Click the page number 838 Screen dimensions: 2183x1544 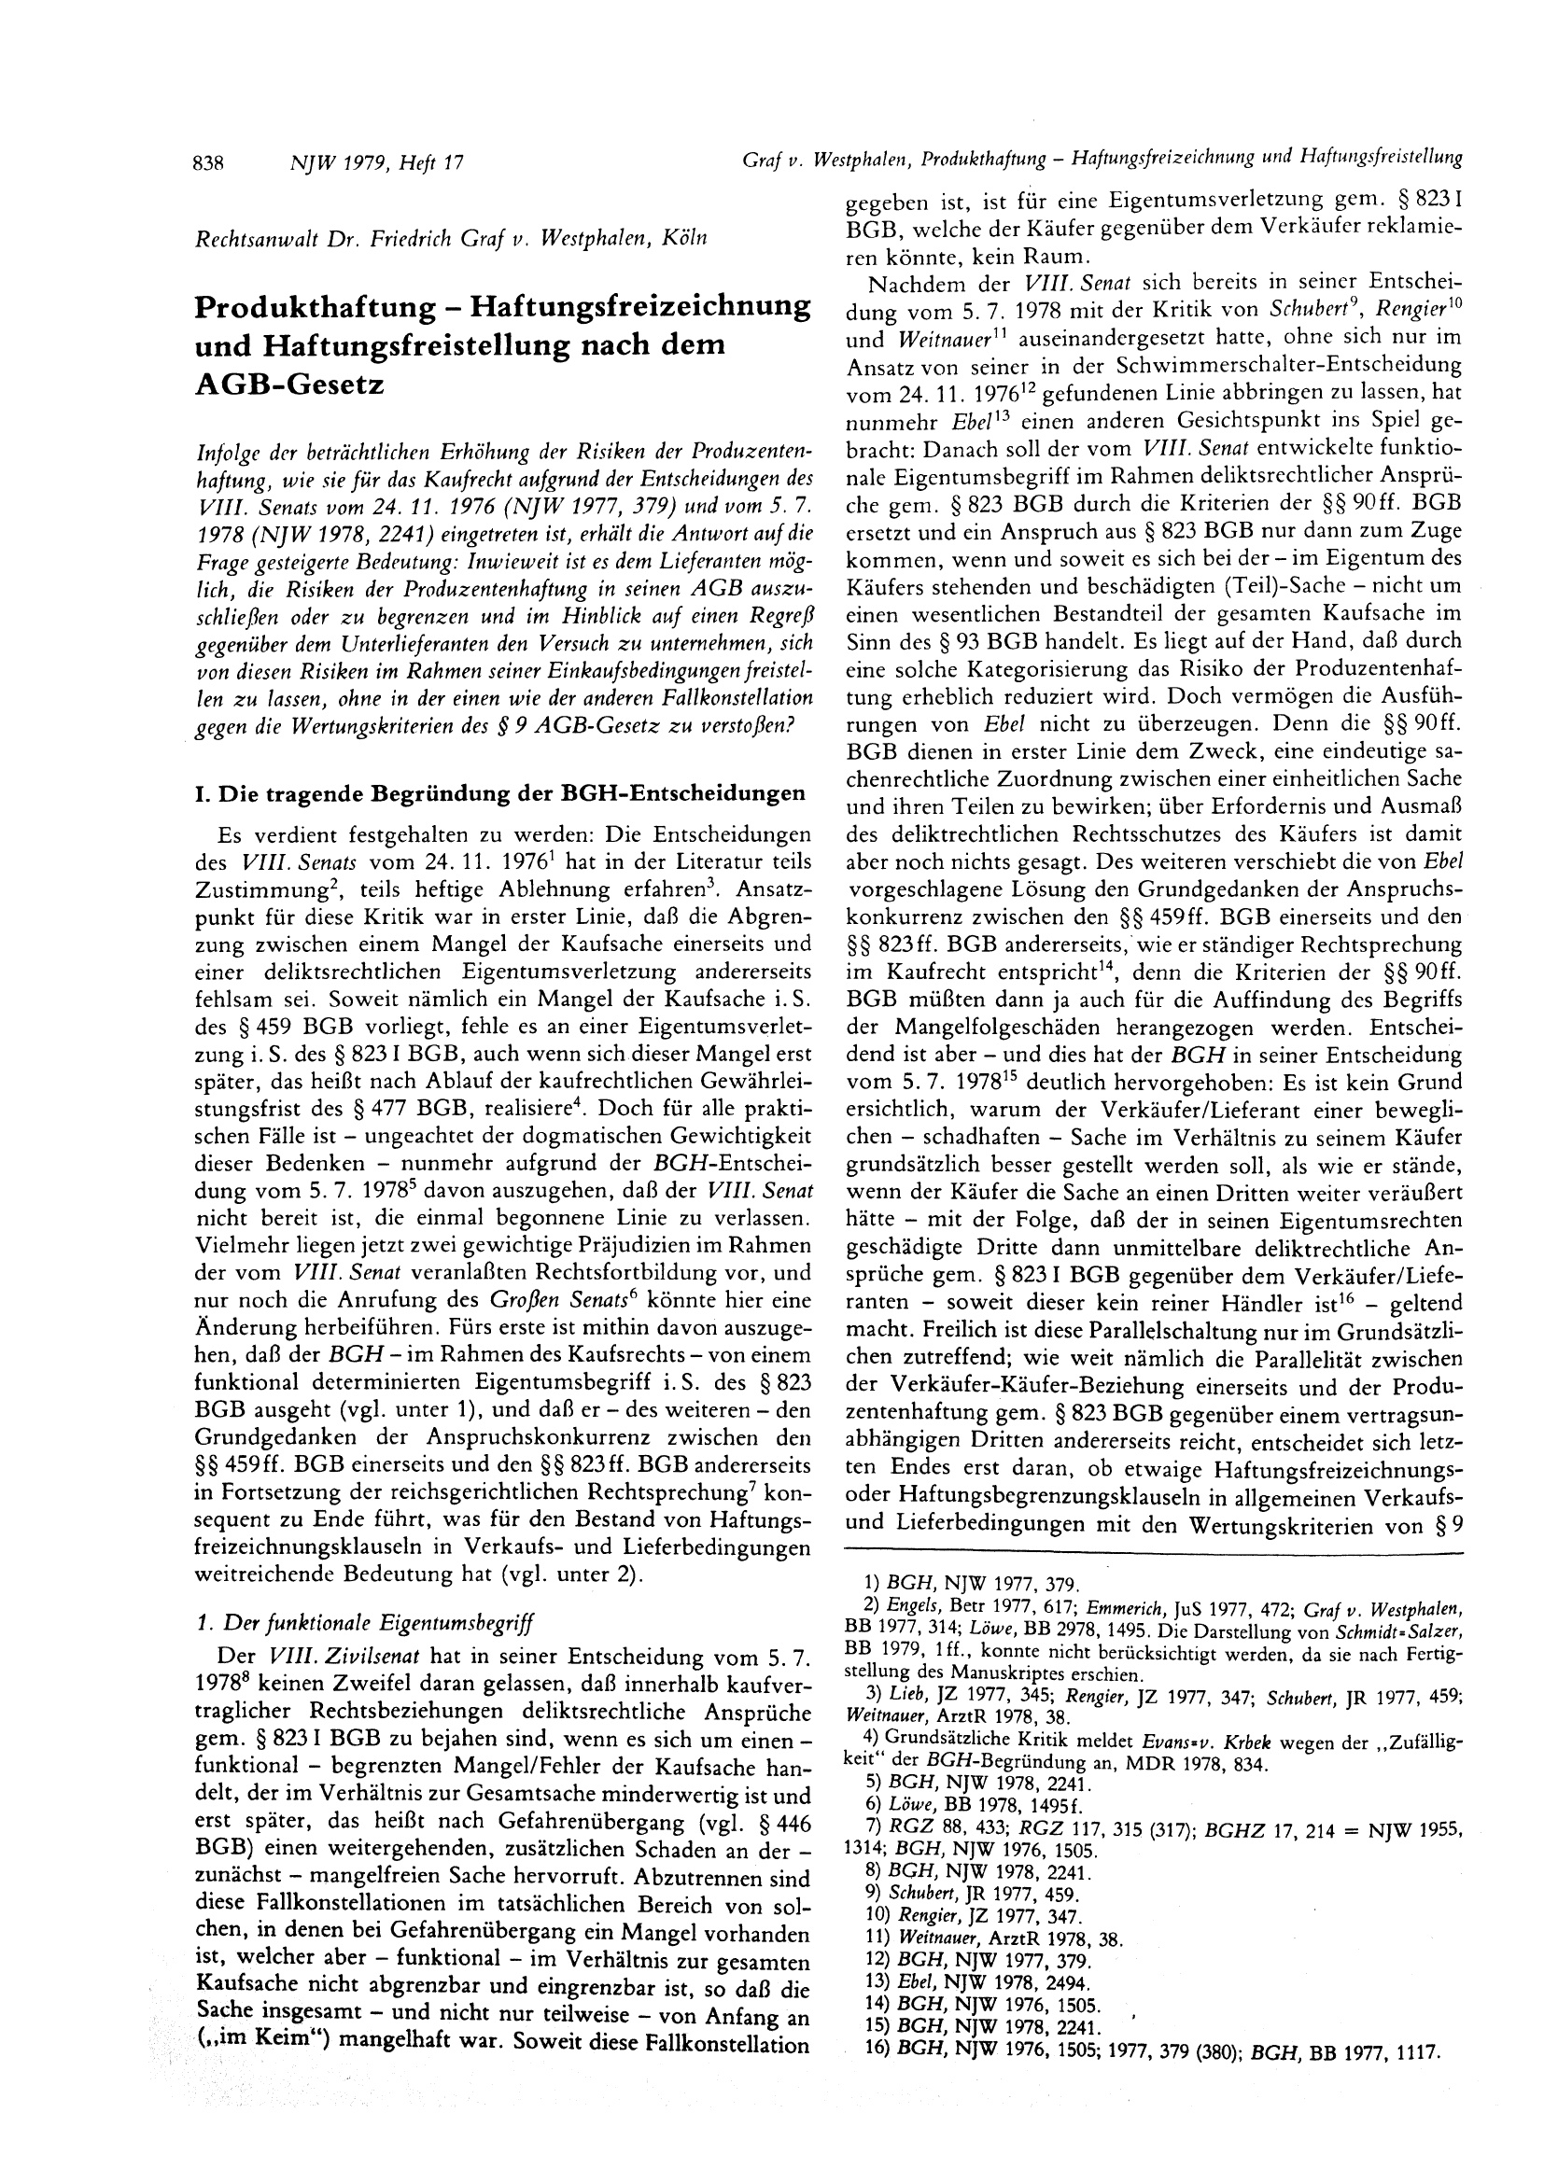(x=208, y=162)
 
